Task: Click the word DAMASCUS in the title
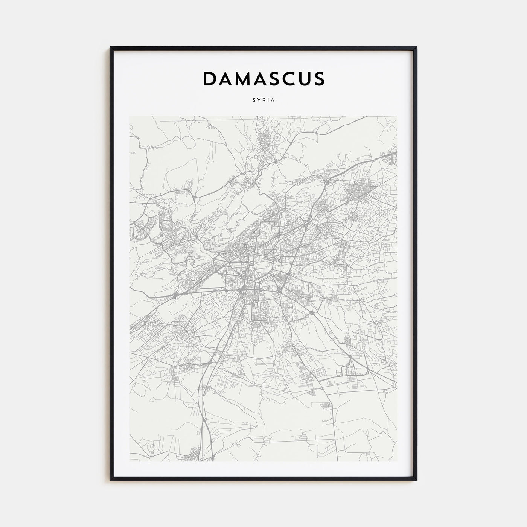point(263,79)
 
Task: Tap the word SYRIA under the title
point(263,101)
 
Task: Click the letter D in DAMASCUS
point(209,79)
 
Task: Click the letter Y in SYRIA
point(258,101)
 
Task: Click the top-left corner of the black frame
point(110,47)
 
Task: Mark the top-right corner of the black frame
point(417,47)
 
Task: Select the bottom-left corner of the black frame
point(110,480)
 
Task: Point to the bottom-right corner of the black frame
point(417,480)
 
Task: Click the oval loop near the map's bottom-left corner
point(151,447)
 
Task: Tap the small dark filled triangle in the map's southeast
point(311,393)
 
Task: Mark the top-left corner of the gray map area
point(130,116)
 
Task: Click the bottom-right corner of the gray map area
point(397,461)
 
